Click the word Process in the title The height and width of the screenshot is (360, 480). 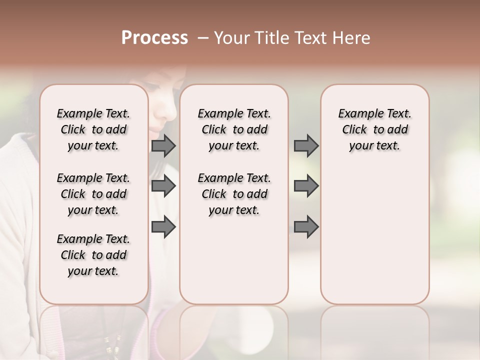154,38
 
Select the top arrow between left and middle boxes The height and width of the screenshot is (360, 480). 163,145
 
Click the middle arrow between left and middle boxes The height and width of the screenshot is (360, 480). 163,186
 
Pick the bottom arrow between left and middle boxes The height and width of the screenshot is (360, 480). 163,226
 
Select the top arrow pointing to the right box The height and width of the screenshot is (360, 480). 306,145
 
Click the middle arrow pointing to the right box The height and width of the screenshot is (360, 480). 306,186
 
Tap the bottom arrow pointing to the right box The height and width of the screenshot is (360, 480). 306,226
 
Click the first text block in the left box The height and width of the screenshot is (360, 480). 93,129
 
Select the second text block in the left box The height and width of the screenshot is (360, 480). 93,194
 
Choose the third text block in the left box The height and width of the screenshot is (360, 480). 93,255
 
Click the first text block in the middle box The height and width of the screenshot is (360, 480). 234,129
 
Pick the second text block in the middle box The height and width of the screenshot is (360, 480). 234,194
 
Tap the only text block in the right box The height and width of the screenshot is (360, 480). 374,129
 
